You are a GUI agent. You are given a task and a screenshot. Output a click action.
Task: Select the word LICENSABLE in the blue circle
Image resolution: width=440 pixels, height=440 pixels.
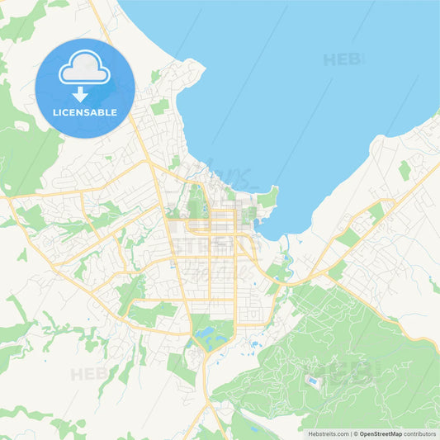(x=85, y=111)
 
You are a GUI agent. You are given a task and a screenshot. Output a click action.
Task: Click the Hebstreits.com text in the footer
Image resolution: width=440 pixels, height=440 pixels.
(x=326, y=433)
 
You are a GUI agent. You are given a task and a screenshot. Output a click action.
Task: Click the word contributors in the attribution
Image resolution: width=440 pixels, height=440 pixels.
(x=419, y=433)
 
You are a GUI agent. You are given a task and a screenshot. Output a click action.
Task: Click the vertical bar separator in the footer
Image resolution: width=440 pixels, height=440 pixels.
(x=350, y=433)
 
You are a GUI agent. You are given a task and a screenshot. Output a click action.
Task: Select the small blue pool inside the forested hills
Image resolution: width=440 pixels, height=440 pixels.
(x=311, y=381)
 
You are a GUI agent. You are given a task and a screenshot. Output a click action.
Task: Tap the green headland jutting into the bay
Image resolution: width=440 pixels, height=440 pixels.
(x=267, y=196)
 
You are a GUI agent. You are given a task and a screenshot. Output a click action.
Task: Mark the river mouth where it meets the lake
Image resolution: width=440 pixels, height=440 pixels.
(x=285, y=239)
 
